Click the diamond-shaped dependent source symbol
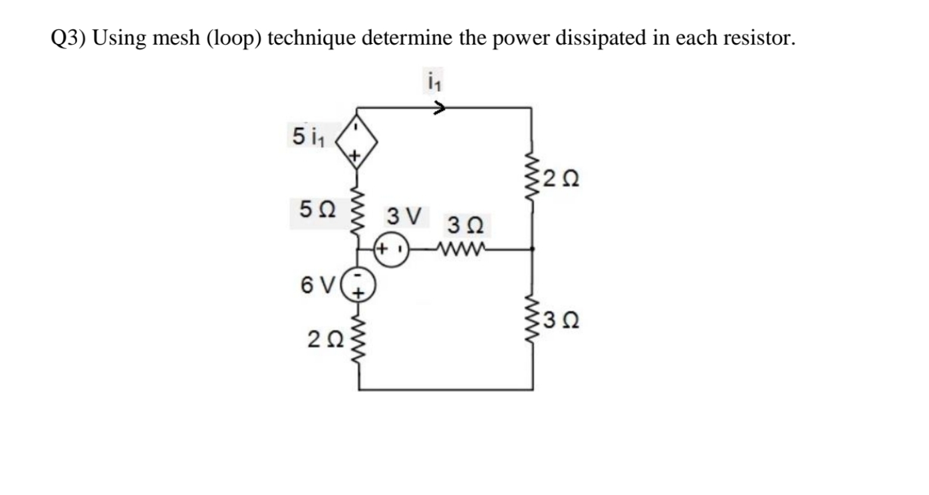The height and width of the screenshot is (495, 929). pyautogui.click(x=358, y=140)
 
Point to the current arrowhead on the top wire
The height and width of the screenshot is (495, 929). pyautogui.click(x=440, y=108)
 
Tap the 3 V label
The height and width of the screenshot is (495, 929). pyautogui.click(x=404, y=216)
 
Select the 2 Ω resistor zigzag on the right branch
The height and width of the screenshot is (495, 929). pyautogui.click(x=532, y=178)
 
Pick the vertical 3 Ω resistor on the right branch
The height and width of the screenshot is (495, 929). pyautogui.click(x=532, y=323)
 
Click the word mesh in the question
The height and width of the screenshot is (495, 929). pyautogui.click(x=178, y=39)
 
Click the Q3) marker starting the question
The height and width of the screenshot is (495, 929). pyautogui.click(x=69, y=39)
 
